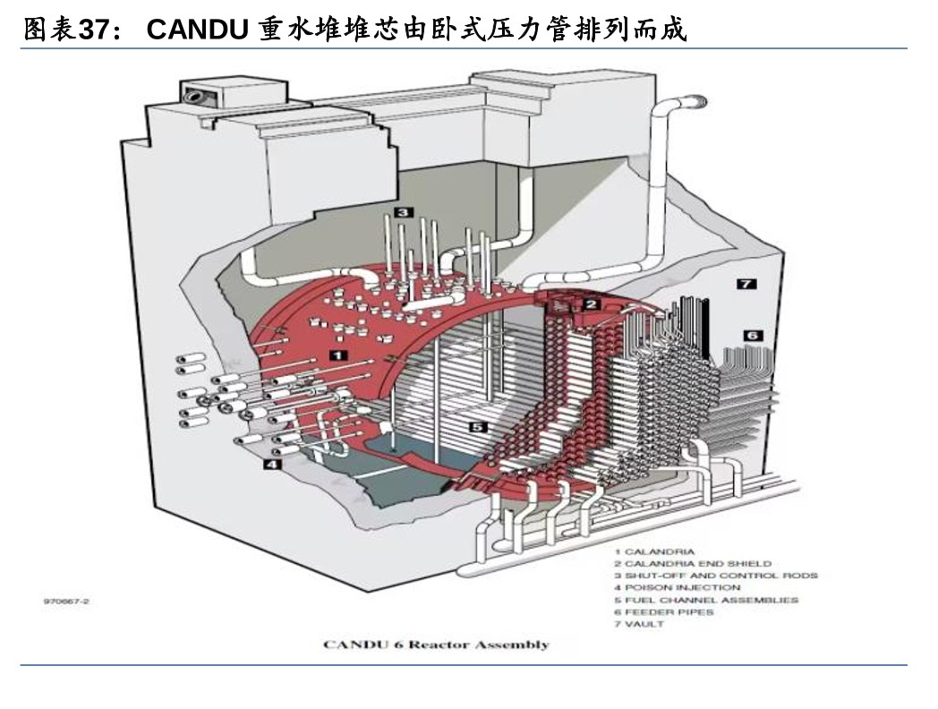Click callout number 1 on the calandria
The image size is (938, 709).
pos(338,355)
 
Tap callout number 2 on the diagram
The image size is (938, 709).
pos(591,304)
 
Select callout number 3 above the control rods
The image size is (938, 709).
pos(404,212)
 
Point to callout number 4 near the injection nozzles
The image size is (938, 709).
pos(270,465)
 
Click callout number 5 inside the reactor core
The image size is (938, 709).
pos(478,427)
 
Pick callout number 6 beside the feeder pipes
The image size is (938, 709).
pos(753,335)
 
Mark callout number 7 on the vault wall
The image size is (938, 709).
pos(746,284)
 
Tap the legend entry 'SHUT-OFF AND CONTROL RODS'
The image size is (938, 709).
pos(715,576)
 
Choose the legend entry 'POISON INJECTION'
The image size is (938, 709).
pos(677,587)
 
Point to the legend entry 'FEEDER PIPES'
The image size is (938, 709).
pos(663,612)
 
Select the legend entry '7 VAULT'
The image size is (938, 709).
pos(639,624)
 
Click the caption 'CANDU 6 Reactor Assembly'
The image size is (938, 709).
pos(436,645)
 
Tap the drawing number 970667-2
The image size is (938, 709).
pos(66,602)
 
